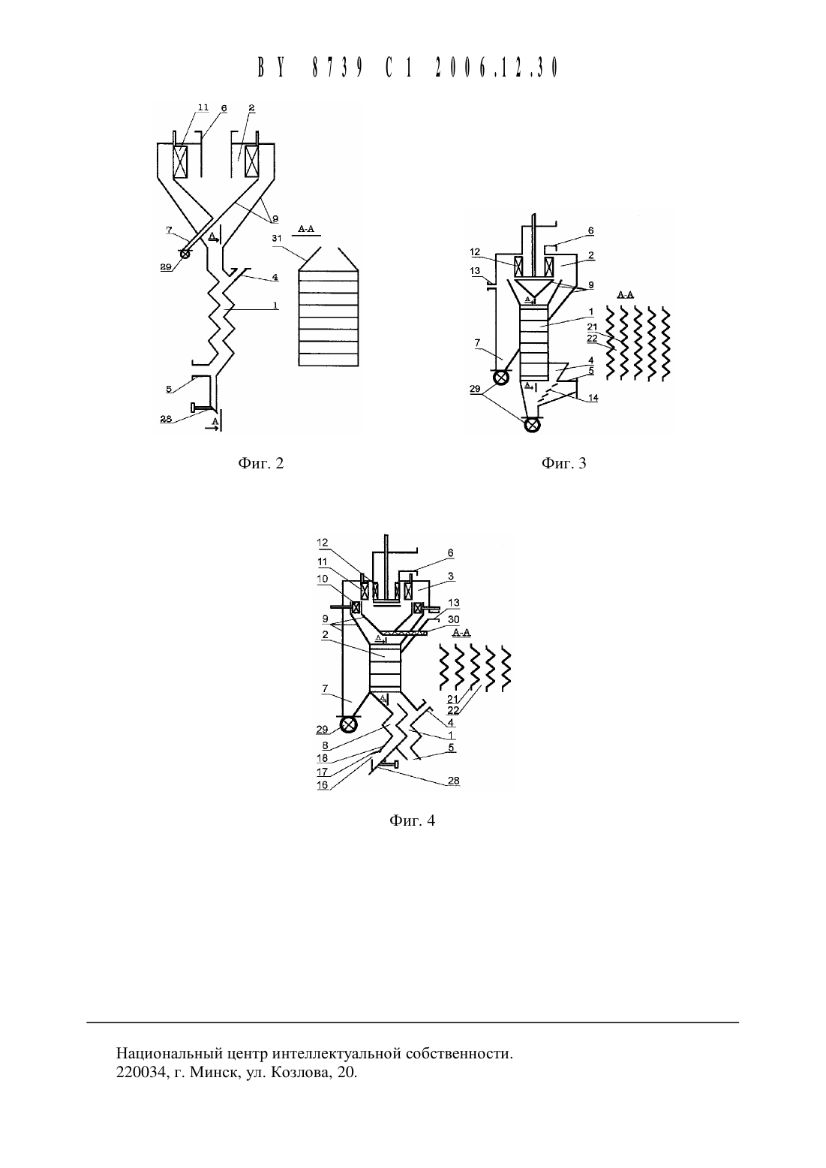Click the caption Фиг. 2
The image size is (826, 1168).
260,463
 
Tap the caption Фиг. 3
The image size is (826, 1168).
564,463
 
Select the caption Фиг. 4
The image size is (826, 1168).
412,820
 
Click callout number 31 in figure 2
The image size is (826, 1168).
277,238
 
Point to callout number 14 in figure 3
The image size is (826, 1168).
593,399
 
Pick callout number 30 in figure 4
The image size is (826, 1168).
453,619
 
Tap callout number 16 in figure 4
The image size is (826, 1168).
323,784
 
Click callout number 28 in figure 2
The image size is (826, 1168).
166,419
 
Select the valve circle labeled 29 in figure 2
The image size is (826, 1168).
185,253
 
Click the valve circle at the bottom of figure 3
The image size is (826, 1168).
532,425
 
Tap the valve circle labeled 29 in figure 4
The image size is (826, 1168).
347,725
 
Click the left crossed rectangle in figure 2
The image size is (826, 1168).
182,161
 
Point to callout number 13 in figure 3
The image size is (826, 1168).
475,271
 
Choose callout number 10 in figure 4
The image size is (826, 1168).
323,579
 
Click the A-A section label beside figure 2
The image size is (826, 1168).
306,229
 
